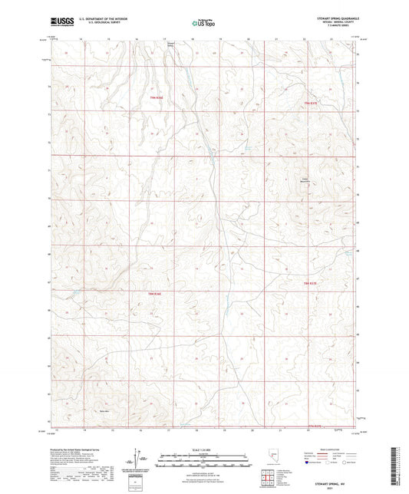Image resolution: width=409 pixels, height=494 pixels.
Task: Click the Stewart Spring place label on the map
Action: pos(172,44)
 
